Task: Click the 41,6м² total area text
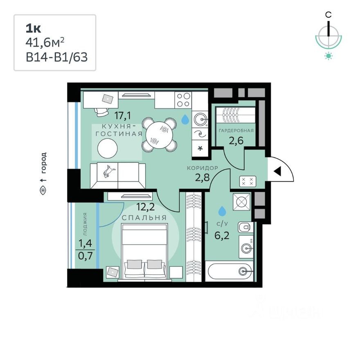coord(45,43)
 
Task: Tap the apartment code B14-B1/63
coord(57,57)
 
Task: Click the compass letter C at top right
coord(328,14)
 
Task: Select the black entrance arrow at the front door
coord(277,171)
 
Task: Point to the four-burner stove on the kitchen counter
coord(183,99)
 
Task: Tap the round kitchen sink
coord(200,119)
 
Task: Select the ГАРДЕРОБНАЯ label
coord(236,130)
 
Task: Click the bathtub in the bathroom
coord(228,270)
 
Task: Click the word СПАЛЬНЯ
coord(144,218)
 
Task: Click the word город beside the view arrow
coord(44,162)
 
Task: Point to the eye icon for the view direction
coord(43,190)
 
